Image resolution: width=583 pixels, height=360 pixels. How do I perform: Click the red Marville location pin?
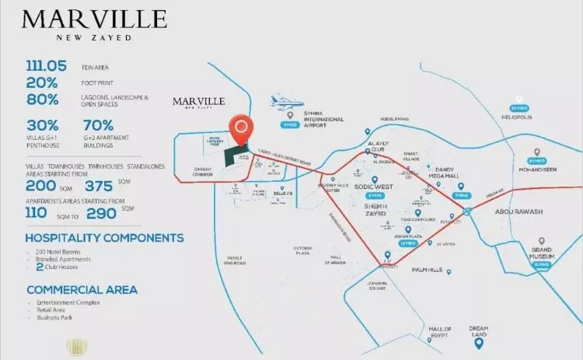[x=243, y=129]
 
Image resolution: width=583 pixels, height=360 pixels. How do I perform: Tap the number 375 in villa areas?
[x=99, y=187]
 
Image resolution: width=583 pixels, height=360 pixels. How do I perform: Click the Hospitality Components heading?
[x=104, y=238]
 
